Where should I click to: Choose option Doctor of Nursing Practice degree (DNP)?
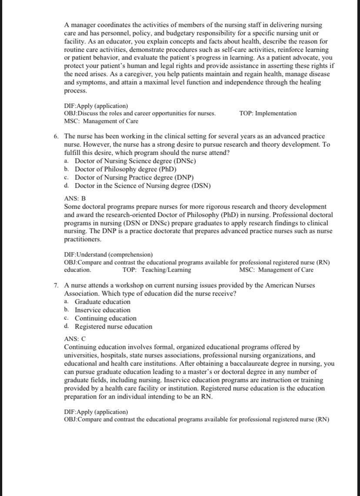coord(134,178)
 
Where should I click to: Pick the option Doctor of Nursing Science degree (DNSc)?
coord(135,161)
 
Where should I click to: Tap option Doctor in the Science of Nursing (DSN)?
coord(143,186)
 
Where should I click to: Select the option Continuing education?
coord(105,318)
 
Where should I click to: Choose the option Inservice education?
coord(102,310)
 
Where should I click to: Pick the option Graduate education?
coord(102,302)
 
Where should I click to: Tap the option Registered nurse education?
coord(113,326)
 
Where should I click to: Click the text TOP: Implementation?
coord(268,113)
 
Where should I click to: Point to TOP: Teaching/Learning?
coord(157,270)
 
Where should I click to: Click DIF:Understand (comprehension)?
coord(108,254)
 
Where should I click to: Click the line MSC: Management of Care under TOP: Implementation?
coord(101,121)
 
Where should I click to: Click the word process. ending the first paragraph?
coord(75,91)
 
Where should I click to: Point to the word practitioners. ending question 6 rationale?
coord(82,240)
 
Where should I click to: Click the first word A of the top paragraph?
coord(67,25)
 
